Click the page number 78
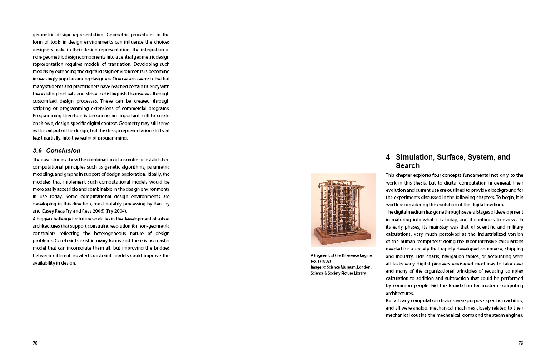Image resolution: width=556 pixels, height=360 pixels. pyautogui.click(x=35, y=343)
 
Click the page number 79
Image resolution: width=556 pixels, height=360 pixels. pyautogui.click(x=521, y=343)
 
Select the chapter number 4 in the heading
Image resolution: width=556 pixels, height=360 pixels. pyautogui.click(x=388, y=157)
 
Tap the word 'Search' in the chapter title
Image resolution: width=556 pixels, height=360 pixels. pyautogui.click(x=407, y=166)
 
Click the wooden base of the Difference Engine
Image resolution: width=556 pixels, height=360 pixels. pyautogui.click(x=343, y=239)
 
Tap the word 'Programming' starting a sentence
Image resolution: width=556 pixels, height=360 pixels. pyautogui.click(x=47, y=116)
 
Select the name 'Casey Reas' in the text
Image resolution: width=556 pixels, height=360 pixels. pyautogui.click(x=48, y=211)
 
